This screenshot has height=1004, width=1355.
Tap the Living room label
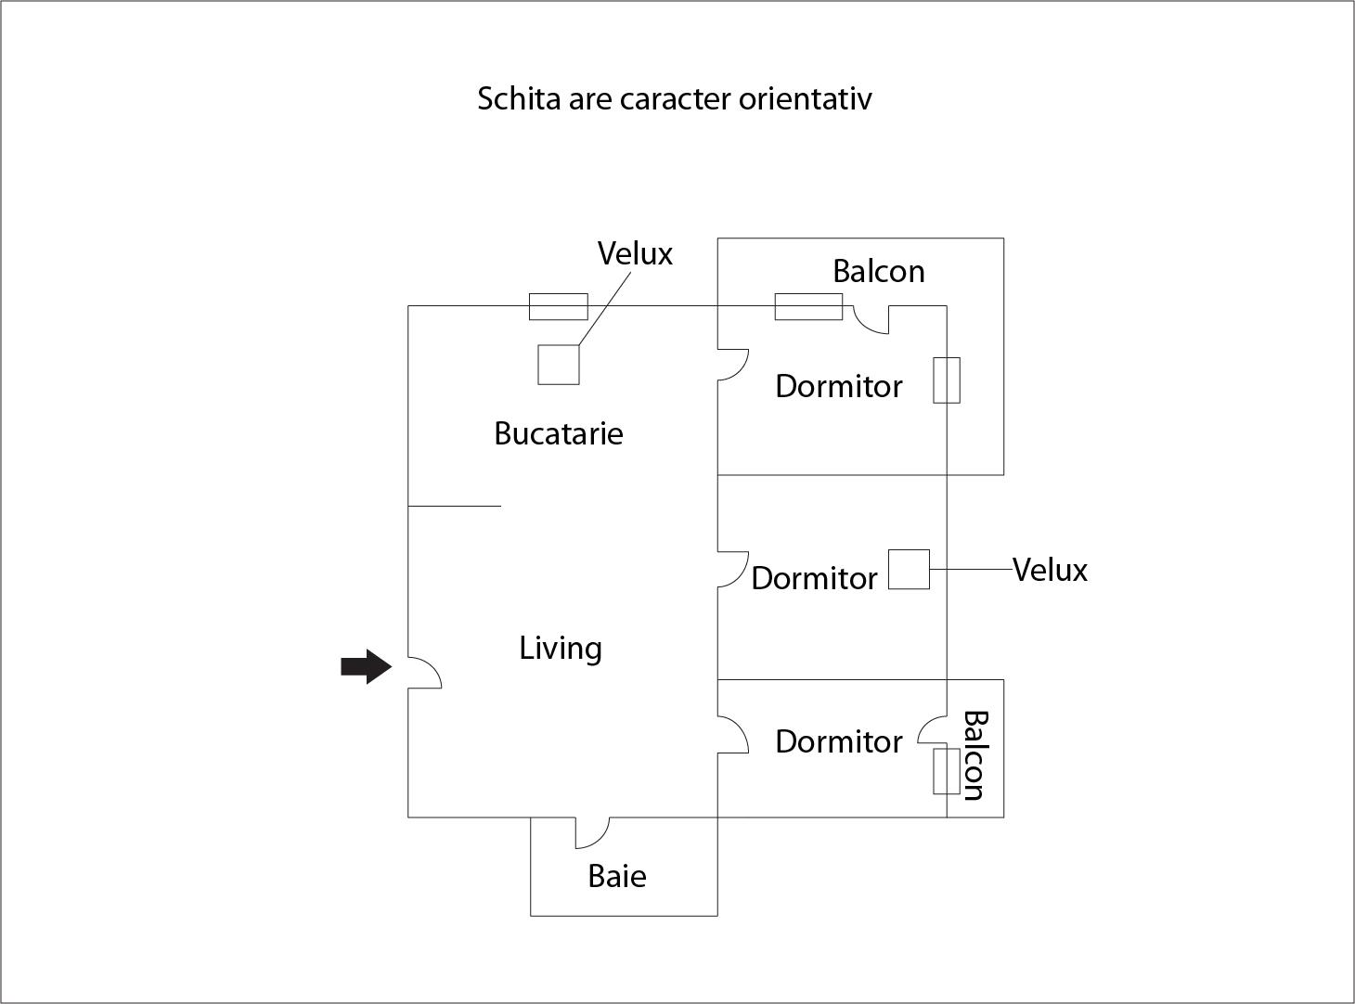pyautogui.click(x=561, y=648)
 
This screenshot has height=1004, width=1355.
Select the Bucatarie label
pyautogui.click(x=558, y=433)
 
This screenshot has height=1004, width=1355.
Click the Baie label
pyautogui.click(x=617, y=876)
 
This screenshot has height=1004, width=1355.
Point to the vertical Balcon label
pyautogui.click(x=974, y=755)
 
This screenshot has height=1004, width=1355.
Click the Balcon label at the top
pyautogui.click(x=878, y=271)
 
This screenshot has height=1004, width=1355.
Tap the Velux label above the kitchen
pyautogui.click(x=635, y=253)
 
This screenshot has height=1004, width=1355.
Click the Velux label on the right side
pyautogui.click(x=1050, y=570)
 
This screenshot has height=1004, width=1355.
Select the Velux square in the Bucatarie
pyautogui.click(x=558, y=364)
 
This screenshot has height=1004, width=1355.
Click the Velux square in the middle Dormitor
pyautogui.click(x=909, y=569)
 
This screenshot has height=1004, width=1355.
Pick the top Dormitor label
pyautogui.click(x=838, y=386)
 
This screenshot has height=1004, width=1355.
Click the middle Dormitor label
pyautogui.click(x=814, y=578)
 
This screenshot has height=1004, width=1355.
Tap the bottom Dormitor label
pyautogui.click(x=838, y=741)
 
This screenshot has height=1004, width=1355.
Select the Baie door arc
pyautogui.click(x=592, y=832)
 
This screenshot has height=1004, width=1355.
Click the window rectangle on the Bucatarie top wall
pyautogui.click(x=558, y=306)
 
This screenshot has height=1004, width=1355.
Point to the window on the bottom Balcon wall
pyautogui.click(x=946, y=771)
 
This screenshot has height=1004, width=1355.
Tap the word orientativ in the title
pyautogui.click(x=805, y=98)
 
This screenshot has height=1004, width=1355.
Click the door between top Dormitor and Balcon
pyautogui.click(x=871, y=320)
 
